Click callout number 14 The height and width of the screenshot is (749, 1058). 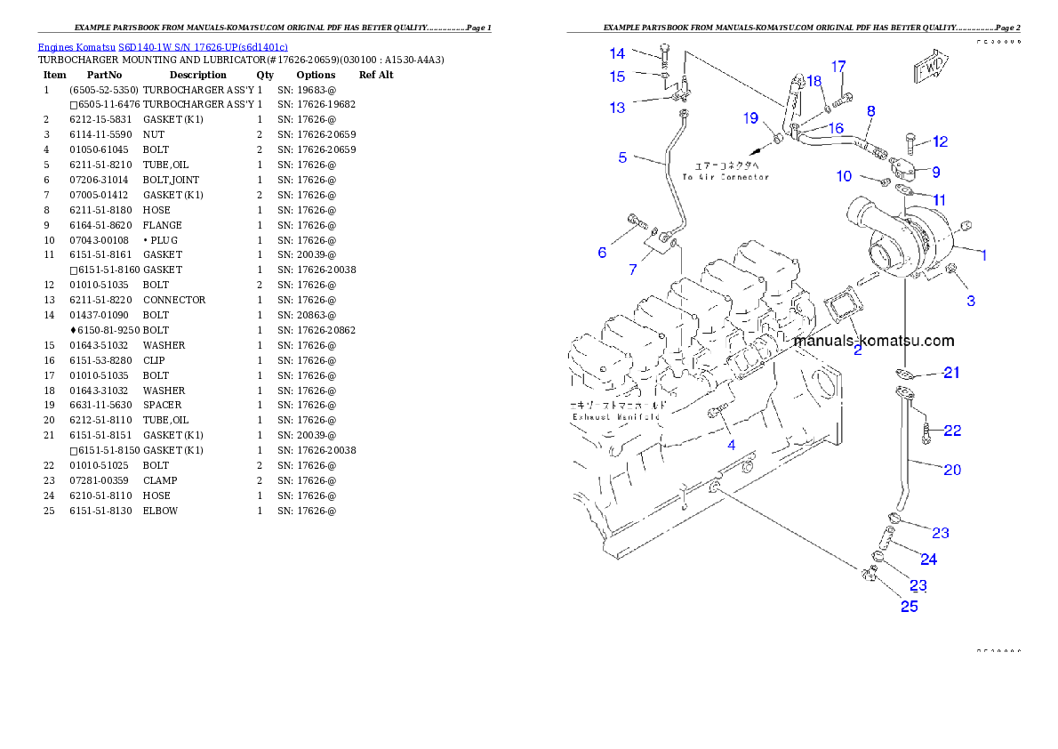617,53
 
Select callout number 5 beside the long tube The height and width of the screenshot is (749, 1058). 622,157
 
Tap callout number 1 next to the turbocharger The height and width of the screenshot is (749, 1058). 984,255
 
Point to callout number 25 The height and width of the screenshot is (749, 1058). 909,607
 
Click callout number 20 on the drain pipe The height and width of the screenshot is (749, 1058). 951,470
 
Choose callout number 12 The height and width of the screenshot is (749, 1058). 940,141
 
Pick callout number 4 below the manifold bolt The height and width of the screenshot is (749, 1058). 731,444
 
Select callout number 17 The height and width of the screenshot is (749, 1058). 838,67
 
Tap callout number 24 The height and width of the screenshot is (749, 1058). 928,560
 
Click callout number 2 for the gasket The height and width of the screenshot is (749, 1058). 857,350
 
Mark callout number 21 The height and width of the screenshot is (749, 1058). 951,373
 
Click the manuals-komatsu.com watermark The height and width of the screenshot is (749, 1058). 873,341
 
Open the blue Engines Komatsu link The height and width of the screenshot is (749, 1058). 163,47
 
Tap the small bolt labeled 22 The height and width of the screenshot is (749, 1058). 926,434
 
